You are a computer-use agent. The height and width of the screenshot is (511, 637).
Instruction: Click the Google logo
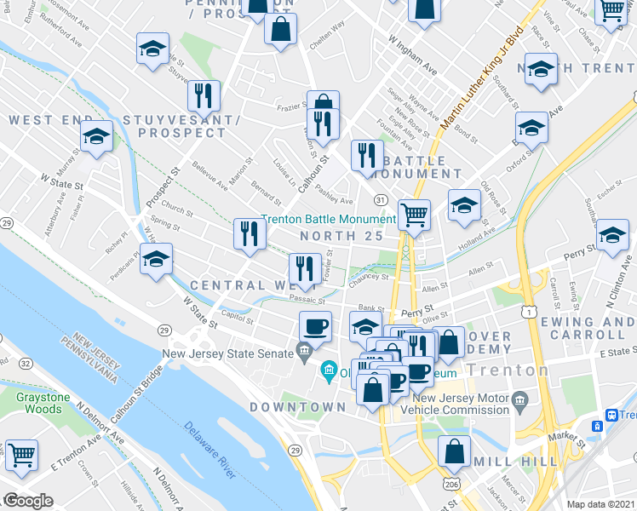point(28,501)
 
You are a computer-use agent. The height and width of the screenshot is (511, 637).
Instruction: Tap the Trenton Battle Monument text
point(328,219)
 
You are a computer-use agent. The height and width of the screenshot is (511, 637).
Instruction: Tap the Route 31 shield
point(382,199)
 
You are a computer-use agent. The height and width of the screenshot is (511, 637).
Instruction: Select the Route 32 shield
point(26,364)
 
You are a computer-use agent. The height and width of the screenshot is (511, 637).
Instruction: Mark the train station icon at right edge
point(611,415)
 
